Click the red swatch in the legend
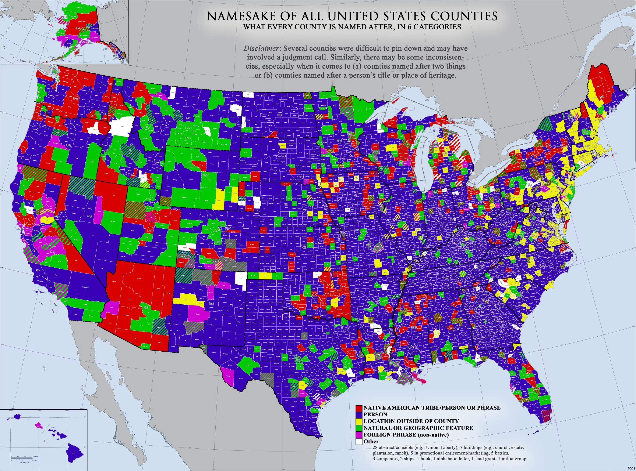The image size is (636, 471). point(359,408)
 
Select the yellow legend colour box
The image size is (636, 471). point(359,421)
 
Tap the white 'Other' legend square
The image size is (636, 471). point(359,441)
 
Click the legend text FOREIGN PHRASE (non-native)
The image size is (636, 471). point(406,435)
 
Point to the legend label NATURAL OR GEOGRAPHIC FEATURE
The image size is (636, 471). point(418,428)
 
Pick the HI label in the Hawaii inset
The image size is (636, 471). point(46,441)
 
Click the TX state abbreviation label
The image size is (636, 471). point(290,353)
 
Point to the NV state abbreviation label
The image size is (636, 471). point(90,216)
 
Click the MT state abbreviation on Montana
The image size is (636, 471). point(188,118)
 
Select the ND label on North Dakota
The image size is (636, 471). point(279,115)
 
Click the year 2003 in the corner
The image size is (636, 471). point(631,469)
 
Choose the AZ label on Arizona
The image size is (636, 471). point(146,308)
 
